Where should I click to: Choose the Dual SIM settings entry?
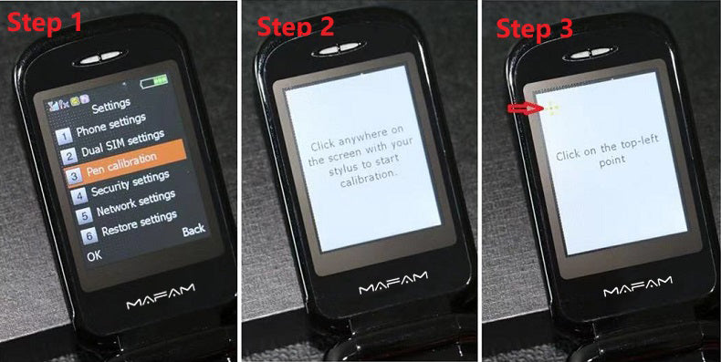coord(120,142)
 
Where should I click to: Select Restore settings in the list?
coord(138,223)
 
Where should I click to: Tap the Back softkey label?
coord(193,230)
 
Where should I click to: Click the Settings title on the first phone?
coord(110,103)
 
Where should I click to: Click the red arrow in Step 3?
coord(521,109)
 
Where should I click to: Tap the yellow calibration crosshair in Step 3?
coord(551,109)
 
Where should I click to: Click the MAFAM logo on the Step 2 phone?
coord(392,289)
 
